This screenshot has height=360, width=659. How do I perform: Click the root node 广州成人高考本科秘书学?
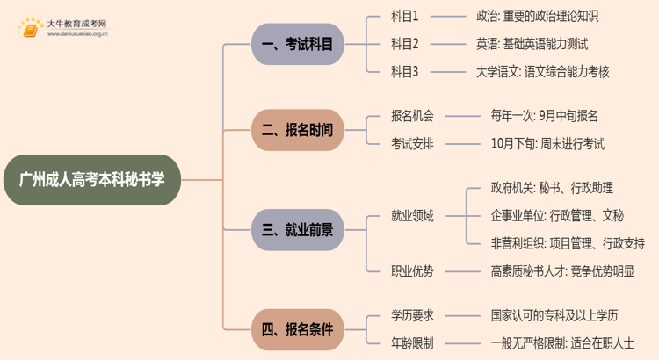(92, 180)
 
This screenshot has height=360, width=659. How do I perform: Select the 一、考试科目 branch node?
(298, 44)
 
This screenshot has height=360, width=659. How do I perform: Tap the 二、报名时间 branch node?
(298, 130)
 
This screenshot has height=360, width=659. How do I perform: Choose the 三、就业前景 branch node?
(298, 230)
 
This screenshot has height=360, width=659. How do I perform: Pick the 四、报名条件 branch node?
(298, 329)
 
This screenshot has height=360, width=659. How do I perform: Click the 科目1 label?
(405, 17)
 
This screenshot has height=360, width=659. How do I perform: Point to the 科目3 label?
(405, 72)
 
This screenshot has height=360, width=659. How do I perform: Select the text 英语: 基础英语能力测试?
(532, 44)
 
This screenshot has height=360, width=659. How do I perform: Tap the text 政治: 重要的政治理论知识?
(538, 17)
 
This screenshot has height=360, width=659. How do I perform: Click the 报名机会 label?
(412, 116)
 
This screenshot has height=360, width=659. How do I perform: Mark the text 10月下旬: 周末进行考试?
(547, 144)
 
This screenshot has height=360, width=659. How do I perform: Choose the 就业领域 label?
(412, 216)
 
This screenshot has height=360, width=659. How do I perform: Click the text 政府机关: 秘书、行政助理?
(552, 188)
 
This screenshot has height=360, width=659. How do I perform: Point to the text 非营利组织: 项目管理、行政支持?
(568, 243)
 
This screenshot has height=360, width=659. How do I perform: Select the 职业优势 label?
(412, 271)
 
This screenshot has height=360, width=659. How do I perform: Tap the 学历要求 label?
(412, 315)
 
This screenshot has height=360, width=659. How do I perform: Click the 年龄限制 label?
(412, 343)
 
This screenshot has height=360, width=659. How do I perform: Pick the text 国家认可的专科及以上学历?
(554, 315)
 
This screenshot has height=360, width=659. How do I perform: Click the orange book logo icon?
(30, 28)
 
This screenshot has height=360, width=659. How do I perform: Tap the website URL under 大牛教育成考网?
(77, 34)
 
